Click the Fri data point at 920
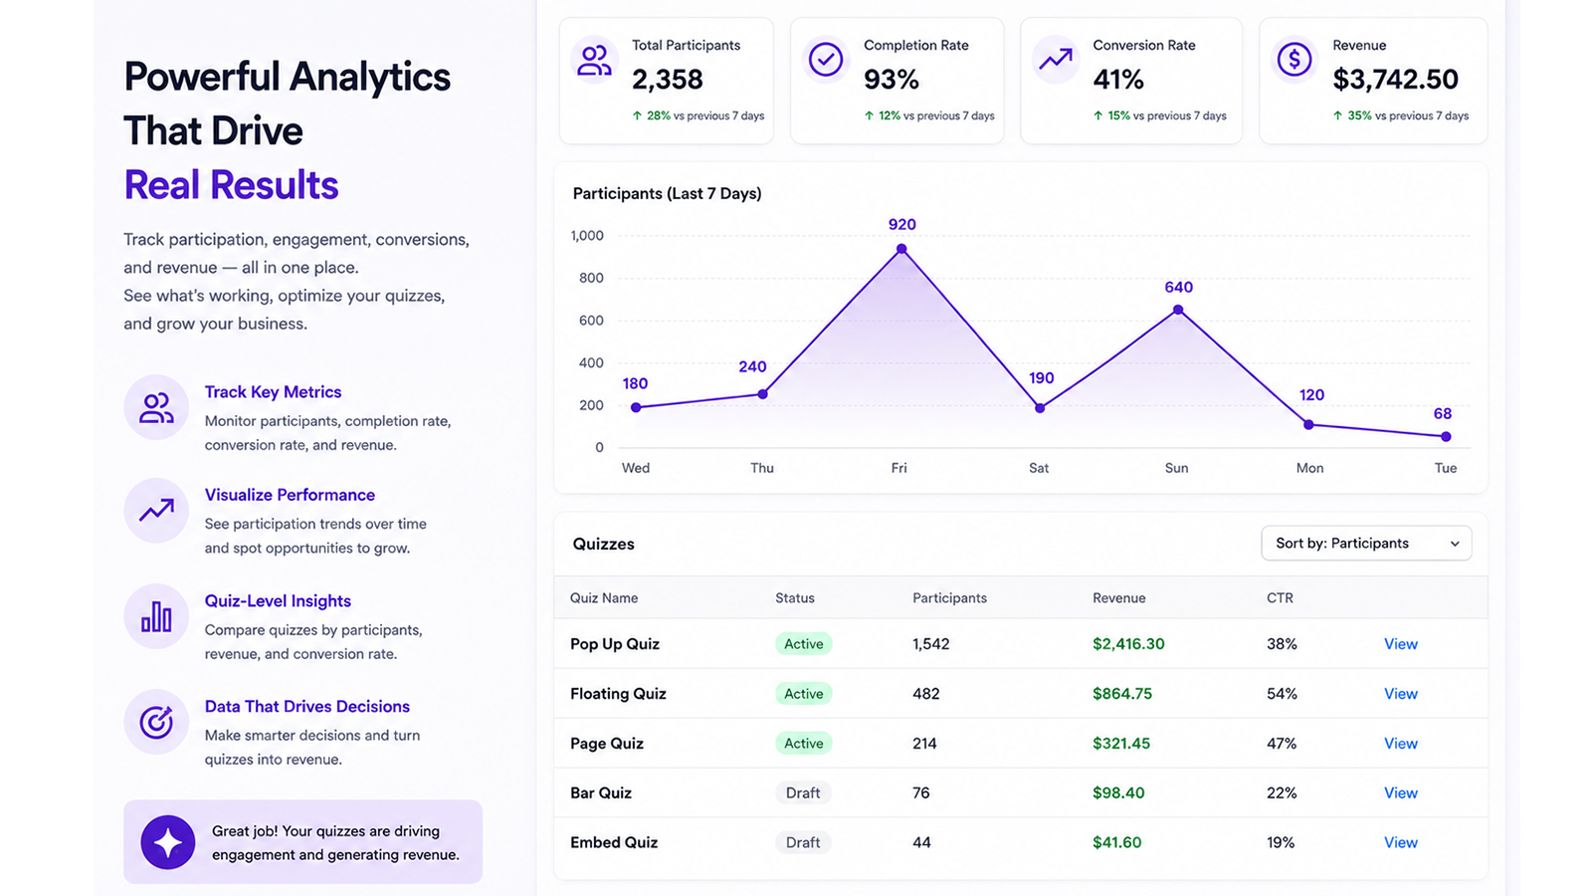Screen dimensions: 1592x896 click(x=901, y=249)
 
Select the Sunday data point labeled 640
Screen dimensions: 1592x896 click(x=1178, y=310)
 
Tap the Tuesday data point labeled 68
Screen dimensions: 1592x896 click(x=1446, y=437)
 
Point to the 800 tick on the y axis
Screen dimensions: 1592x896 click(x=591, y=278)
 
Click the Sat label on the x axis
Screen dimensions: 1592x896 click(x=1039, y=468)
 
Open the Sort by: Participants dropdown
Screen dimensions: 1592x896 click(x=1366, y=544)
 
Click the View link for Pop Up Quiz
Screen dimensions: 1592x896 click(x=1400, y=643)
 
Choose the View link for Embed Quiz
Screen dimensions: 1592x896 click(x=1400, y=842)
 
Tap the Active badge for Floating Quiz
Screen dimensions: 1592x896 click(x=803, y=693)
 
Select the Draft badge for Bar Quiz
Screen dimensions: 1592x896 click(x=802, y=792)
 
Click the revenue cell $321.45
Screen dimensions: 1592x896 click(x=1120, y=743)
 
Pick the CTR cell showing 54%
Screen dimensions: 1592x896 click(x=1282, y=693)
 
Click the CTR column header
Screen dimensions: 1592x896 click(x=1280, y=598)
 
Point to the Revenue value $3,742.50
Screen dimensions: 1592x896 click(x=1394, y=79)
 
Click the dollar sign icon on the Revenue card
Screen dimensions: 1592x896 click(x=1293, y=59)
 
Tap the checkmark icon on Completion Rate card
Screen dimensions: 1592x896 click(x=825, y=59)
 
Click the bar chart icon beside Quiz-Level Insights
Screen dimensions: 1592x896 click(x=156, y=616)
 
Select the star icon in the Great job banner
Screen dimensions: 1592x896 click(x=168, y=842)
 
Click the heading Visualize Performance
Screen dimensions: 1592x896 click(x=290, y=495)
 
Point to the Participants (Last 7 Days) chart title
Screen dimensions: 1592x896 click(x=667, y=193)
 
